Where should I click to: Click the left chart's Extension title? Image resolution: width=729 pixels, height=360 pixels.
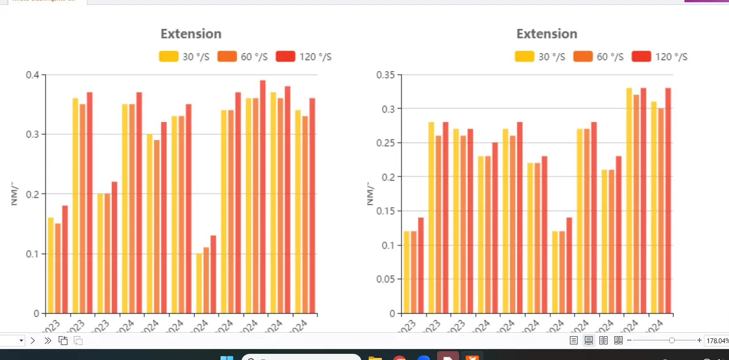191,34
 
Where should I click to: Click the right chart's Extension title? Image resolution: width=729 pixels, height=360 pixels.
547,34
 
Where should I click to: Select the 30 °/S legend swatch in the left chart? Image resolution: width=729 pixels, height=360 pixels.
168,56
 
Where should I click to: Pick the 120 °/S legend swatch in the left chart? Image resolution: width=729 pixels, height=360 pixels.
285,56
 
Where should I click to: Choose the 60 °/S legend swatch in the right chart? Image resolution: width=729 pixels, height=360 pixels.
583,56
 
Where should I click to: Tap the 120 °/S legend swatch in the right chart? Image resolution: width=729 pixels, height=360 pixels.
641,56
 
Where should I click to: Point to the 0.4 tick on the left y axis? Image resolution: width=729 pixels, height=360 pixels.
33,75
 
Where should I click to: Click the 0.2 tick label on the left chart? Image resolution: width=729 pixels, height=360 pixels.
33,194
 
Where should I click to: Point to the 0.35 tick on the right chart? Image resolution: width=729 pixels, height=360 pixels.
385,75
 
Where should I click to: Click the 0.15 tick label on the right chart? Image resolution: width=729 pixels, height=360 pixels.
385,211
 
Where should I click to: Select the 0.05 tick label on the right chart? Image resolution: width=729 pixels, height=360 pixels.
385,279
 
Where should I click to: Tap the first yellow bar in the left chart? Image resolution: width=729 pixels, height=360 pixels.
51,265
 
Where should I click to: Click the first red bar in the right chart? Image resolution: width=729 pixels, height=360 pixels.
421,265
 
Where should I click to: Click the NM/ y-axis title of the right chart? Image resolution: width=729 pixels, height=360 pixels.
370,194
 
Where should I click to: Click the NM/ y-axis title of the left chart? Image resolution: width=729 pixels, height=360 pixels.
15,194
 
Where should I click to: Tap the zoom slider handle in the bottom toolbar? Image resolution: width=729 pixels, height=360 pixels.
672,340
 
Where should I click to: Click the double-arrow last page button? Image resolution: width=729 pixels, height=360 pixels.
48,341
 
